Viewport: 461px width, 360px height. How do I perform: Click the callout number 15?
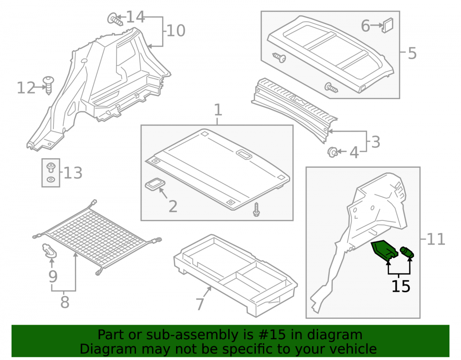[x=401, y=286]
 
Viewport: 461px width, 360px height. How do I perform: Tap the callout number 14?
[x=136, y=17]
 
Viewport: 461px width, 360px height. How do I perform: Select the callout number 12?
[x=26, y=88]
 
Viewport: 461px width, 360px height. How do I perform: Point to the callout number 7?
[x=200, y=304]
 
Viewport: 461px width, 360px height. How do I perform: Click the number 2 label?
[x=173, y=207]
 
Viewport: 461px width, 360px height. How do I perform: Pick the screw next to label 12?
[x=48, y=85]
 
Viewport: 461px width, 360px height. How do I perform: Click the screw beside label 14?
[x=115, y=19]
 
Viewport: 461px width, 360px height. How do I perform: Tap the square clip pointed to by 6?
[x=387, y=25]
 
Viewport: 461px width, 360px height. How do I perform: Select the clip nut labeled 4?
[x=332, y=152]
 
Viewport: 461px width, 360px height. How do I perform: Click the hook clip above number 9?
[x=49, y=251]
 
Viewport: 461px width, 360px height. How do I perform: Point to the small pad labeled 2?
[x=155, y=185]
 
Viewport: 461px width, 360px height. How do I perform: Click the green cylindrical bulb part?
[x=407, y=252]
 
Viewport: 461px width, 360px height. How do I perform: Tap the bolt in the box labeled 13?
[x=51, y=167]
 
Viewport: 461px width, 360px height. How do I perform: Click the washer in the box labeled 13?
[x=51, y=179]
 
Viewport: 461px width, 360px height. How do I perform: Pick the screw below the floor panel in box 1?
[x=256, y=210]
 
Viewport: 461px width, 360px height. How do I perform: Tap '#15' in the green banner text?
[x=271, y=335]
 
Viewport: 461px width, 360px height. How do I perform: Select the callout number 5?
[x=412, y=53]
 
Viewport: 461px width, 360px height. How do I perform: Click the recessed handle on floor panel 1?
[x=243, y=154]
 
